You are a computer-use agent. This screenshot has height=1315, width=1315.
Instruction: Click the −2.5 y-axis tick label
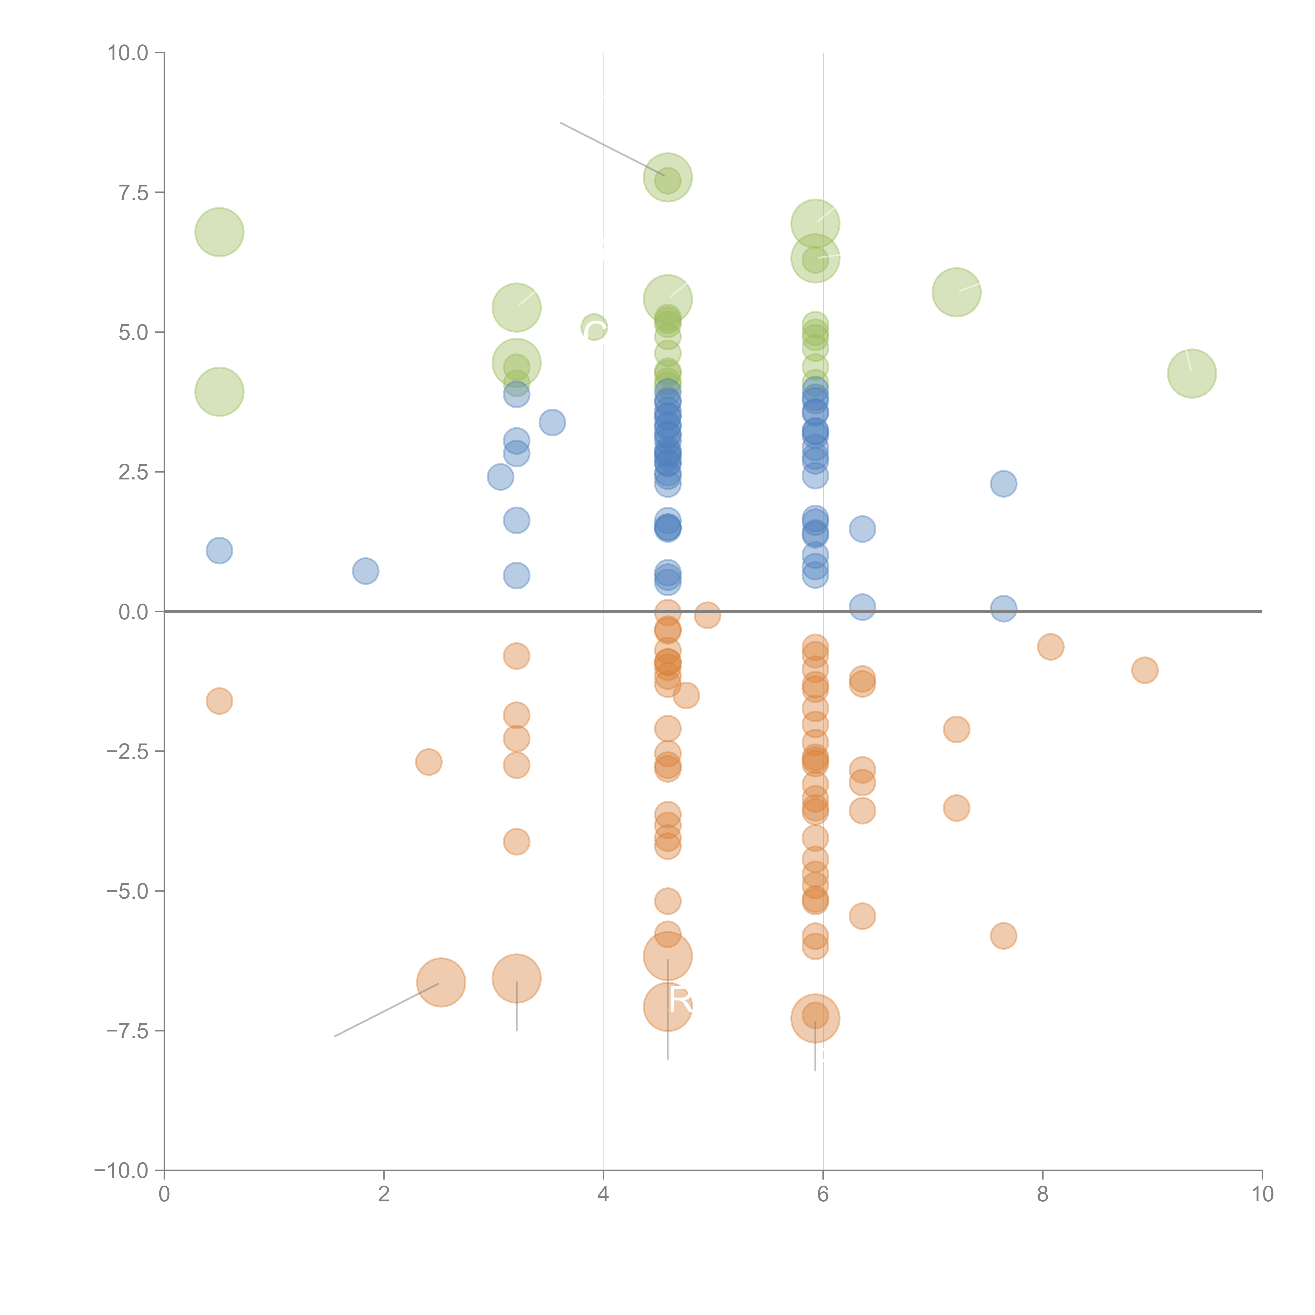tap(127, 751)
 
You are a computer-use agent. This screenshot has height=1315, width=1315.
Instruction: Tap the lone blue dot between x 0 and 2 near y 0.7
tap(366, 571)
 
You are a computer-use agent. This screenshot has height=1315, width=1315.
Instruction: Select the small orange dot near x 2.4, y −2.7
tap(428, 762)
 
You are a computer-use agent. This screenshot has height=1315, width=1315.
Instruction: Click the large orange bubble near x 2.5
tap(441, 982)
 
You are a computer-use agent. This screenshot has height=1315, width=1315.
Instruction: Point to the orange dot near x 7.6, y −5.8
tap(1003, 936)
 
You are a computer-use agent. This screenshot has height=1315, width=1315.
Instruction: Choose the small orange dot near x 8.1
tap(1050, 647)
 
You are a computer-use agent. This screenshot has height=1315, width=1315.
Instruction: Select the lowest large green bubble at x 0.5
tap(219, 391)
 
